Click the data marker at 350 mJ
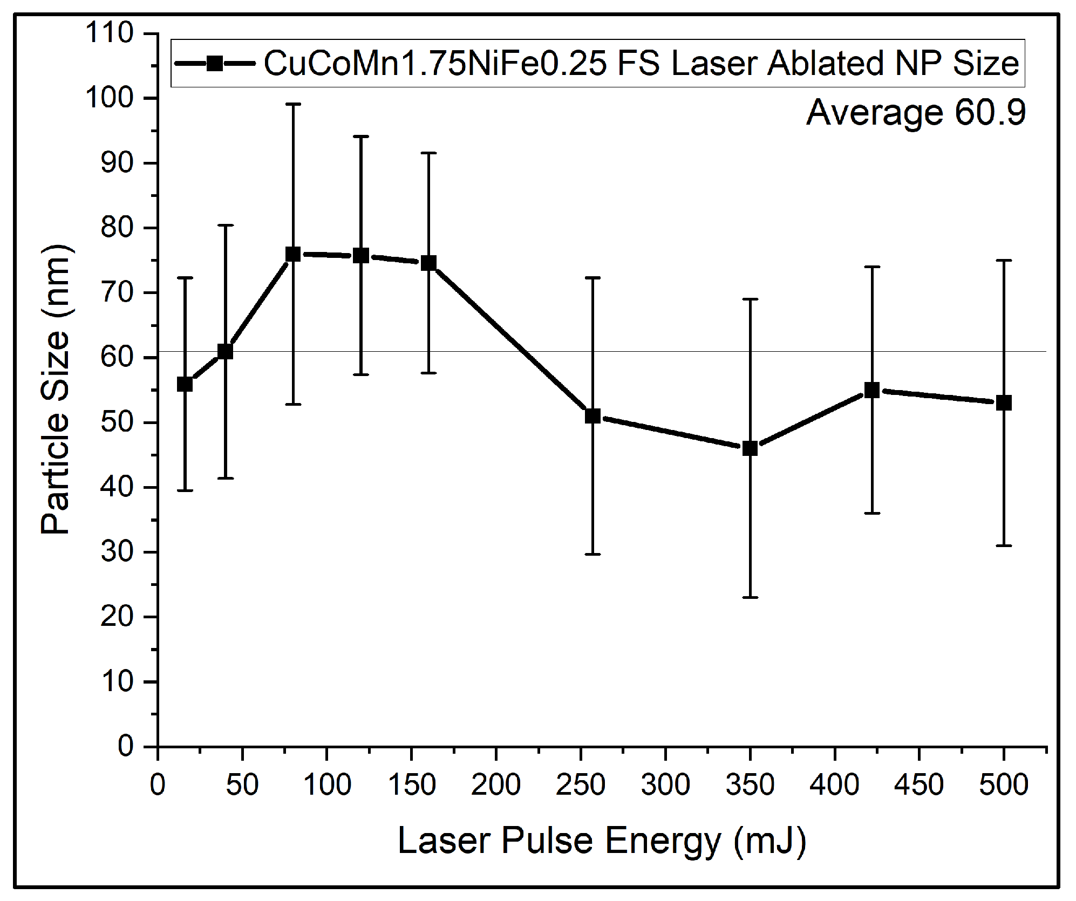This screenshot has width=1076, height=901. tap(750, 448)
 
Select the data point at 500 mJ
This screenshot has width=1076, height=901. tap(1004, 402)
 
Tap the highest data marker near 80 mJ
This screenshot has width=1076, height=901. tap(293, 254)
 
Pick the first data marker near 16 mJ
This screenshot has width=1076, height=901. tap(185, 384)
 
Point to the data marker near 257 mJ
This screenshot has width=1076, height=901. tap(593, 416)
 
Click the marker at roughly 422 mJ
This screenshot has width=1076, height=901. tap(872, 390)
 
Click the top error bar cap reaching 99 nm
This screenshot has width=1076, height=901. tap(293, 104)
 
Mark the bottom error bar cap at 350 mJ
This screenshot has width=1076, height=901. tap(750, 597)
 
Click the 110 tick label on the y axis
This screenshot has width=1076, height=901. tap(110, 33)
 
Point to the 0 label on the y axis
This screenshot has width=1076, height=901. tap(125, 747)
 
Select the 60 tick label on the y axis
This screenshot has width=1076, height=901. tap(117, 358)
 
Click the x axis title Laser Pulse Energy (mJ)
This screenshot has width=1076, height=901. tap(602, 841)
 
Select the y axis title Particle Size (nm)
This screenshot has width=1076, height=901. tap(56, 389)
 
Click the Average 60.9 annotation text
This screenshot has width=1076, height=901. tap(916, 113)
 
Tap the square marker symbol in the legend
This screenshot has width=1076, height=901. tap(215, 64)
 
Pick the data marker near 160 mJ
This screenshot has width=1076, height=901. tap(428, 263)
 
